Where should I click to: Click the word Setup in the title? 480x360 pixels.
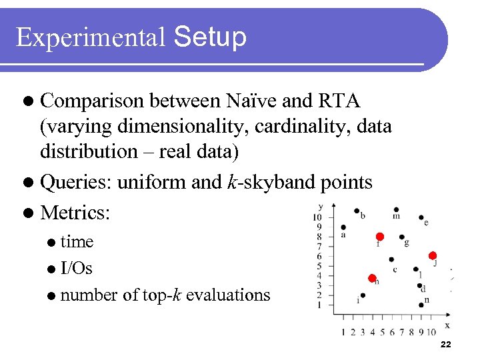coord(209,37)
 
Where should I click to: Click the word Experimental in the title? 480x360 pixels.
coord(90,37)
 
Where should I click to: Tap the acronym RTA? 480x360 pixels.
coord(339,101)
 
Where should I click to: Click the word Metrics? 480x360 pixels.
coord(75,213)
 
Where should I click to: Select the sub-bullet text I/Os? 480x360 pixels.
coord(76,269)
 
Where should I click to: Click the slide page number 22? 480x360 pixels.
coord(446,344)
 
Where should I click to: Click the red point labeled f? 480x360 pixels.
coord(379,237)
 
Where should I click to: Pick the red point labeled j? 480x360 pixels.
coord(432,255)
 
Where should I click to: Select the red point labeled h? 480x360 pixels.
coord(372,278)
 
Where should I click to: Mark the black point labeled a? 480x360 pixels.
coord(343,227)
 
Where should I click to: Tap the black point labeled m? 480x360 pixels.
coord(397,209)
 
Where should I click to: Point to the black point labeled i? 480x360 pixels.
coord(363,295)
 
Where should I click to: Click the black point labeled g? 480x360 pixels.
coord(401,237)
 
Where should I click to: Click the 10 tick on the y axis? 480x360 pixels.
coord(318,217)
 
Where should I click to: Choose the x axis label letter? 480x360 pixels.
coord(447,325)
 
